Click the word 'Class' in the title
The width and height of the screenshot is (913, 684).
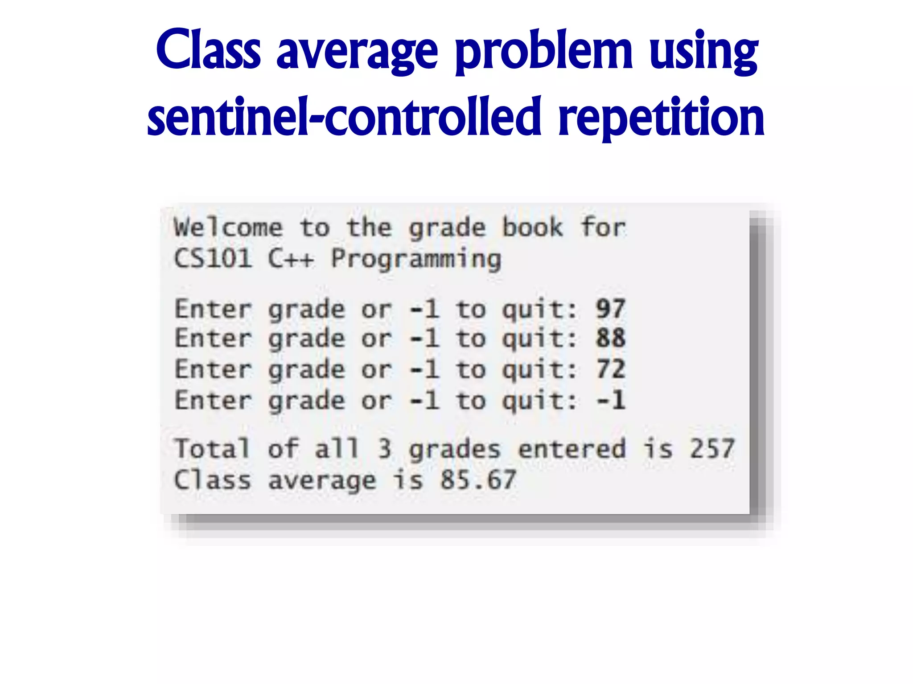(208, 50)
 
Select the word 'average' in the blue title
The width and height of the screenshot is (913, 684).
(358, 53)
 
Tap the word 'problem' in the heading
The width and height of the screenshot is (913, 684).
(544, 53)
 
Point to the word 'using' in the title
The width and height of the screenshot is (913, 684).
(703, 53)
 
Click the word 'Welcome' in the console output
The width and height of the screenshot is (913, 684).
(228, 228)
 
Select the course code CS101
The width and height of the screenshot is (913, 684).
(213, 258)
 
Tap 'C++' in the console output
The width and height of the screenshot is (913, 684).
(291, 258)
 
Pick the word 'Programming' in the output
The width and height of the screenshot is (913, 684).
(416, 260)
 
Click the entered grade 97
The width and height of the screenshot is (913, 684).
(611, 309)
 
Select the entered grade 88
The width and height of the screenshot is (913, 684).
(611, 338)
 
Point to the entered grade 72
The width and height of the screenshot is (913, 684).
(611, 369)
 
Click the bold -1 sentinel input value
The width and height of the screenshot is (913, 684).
(611, 400)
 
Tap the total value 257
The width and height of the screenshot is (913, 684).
(712, 448)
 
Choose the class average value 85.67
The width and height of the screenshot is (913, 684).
(478, 480)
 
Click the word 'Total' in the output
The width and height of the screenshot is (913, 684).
(212, 448)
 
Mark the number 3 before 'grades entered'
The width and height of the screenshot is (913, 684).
(385, 448)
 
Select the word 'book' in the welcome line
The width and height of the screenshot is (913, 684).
(533, 228)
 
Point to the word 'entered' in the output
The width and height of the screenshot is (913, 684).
(572, 448)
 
